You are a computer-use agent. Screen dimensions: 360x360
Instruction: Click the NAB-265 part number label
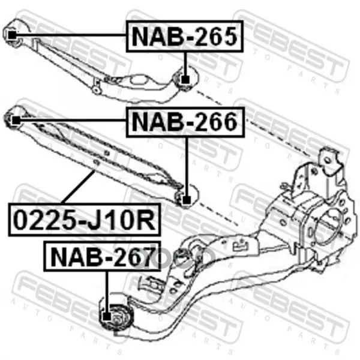pos(185,36)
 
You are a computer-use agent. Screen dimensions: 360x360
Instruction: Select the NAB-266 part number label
pos(185,122)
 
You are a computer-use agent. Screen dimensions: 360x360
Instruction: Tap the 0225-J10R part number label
pos(85,220)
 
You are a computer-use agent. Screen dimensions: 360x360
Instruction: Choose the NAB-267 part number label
pos(103,256)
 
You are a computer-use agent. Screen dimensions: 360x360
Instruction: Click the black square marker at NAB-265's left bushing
pos(12,35)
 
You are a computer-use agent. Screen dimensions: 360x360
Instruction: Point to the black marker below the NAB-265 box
pos(185,79)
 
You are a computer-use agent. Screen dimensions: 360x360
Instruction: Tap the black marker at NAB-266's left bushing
pos(16,120)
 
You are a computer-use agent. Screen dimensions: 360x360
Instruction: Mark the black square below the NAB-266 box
pos(187,200)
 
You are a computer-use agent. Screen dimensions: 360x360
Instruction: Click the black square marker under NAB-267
pos(107,317)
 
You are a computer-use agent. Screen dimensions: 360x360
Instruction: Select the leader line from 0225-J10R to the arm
pos(78,187)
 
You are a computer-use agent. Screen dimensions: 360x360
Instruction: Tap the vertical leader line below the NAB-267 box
pos(107,292)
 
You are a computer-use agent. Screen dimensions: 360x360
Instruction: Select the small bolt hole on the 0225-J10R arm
pos(96,163)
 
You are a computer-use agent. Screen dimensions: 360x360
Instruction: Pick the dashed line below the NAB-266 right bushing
pos(218,214)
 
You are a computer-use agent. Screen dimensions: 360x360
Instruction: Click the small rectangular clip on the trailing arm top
pos(241,246)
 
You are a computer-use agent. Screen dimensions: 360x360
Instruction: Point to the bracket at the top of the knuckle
pos(331,162)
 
